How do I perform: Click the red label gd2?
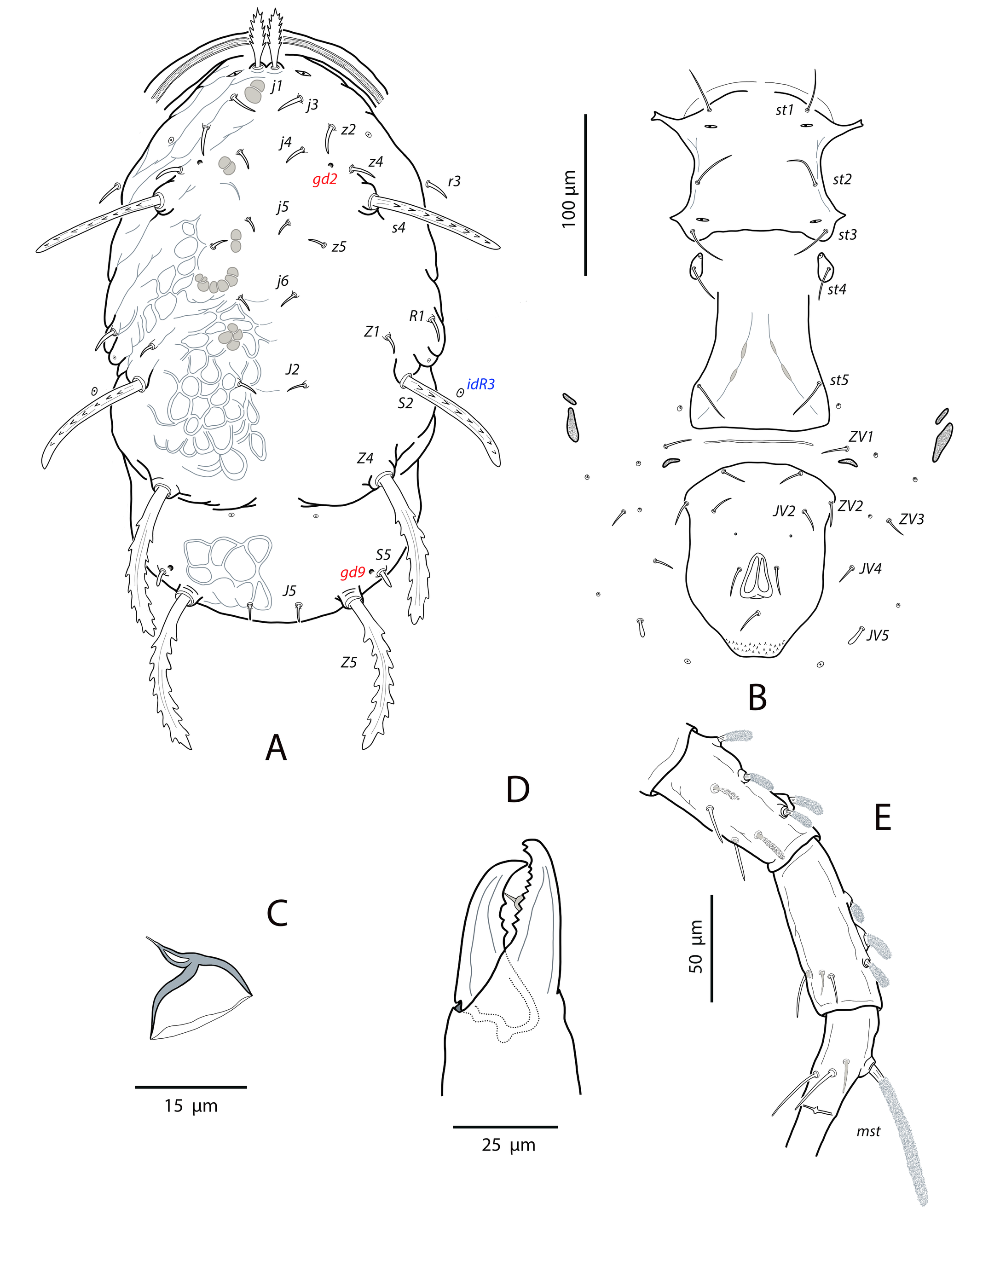point(325,180)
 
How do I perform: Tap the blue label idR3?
point(481,384)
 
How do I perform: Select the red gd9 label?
point(353,573)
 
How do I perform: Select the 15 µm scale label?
point(191,1105)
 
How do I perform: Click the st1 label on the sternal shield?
point(784,110)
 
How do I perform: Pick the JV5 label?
point(878,635)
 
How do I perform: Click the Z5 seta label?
point(348,662)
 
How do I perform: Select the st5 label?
point(839,380)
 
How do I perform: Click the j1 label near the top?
point(277,86)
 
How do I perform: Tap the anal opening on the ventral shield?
point(757,576)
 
